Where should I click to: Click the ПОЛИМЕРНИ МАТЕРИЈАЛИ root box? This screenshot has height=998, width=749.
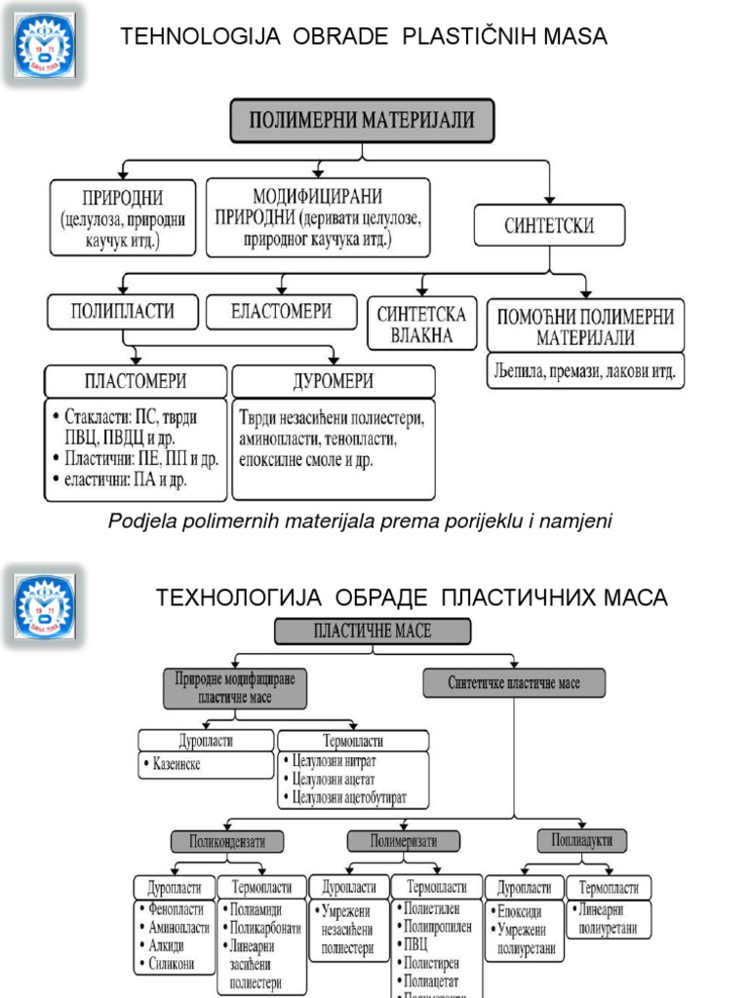point(362,121)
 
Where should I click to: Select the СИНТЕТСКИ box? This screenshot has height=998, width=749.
point(549,225)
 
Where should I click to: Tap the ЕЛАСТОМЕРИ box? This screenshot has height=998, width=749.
point(283,312)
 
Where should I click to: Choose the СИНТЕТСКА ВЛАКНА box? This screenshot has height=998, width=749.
point(421,325)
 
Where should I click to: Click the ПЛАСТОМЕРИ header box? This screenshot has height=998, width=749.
point(134,379)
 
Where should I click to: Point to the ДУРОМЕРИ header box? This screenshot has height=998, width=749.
point(333,379)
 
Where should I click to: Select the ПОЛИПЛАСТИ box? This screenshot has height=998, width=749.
point(122,312)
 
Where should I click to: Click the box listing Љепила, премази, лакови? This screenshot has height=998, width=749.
point(585,371)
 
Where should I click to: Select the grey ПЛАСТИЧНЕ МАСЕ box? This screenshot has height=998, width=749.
point(373,631)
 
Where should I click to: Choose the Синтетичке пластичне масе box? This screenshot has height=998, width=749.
point(513,683)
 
